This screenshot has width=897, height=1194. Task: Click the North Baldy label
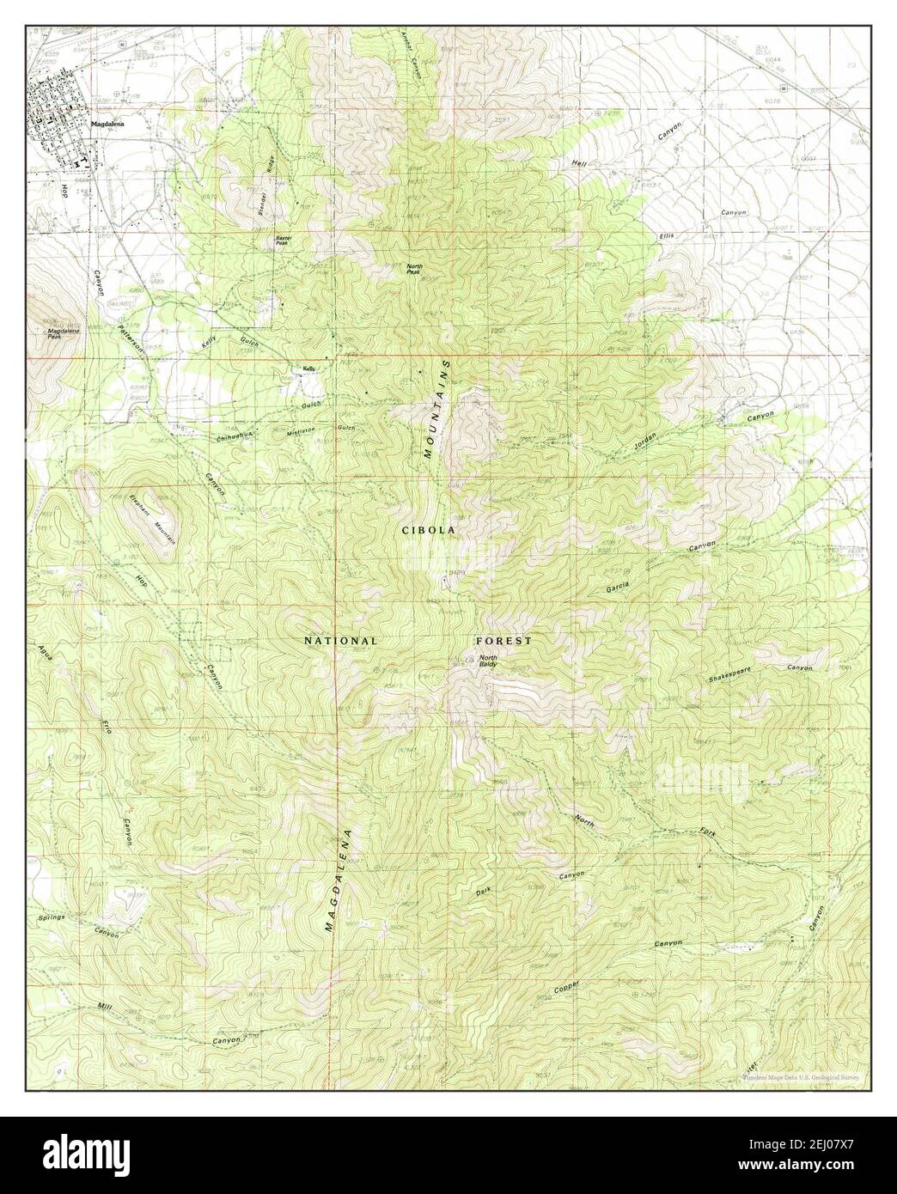tap(490, 661)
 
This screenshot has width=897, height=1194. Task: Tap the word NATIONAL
tap(341, 641)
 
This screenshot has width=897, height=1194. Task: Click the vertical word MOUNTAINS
tap(437, 411)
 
